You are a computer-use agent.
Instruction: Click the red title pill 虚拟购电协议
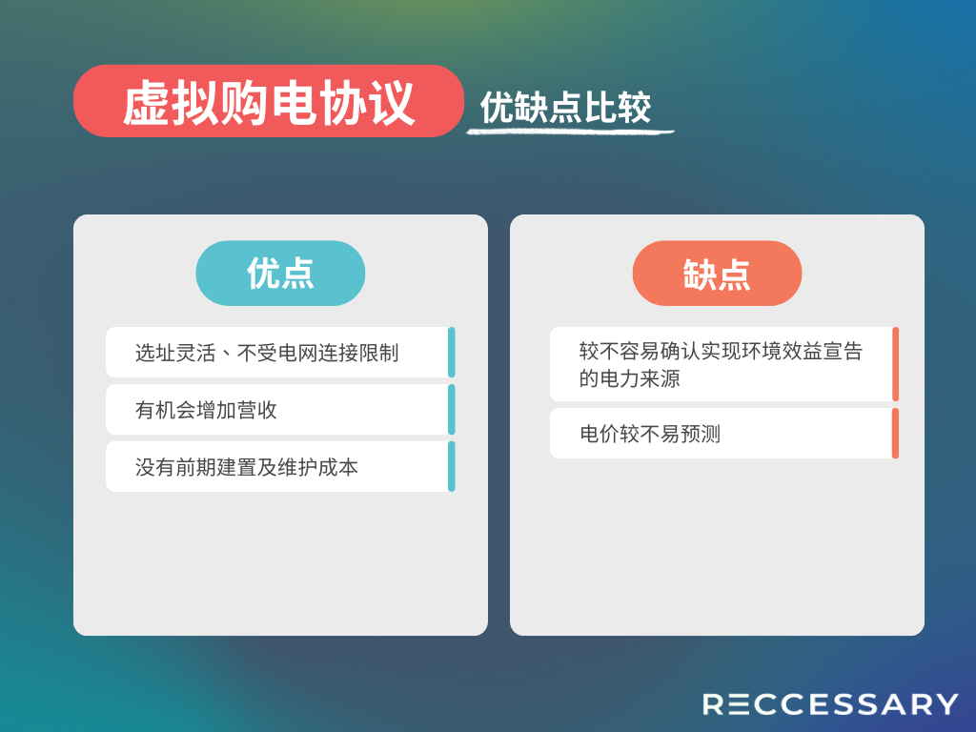pyautogui.click(x=268, y=101)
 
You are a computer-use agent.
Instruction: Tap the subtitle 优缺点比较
pyautogui.click(x=565, y=107)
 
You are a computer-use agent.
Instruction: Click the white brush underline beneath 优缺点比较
pyautogui.click(x=570, y=132)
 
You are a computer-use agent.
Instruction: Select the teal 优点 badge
pyautogui.click(x=280, y=274)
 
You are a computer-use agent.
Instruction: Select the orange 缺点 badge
pyautogui.click(x=717, y=274)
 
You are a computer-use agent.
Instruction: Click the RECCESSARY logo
pyautogui.click(x=830, y=704)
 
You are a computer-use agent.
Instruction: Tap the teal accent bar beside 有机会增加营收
pyautogui.click(x=451, y=410)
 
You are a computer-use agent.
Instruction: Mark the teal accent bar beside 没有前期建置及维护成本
pyautogui.click(x=451, y=467)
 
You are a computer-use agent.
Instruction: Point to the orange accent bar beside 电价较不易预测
pyautogui.click(x=895, y=434)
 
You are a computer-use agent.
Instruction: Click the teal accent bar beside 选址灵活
pyautogui.click(x=451, y=353)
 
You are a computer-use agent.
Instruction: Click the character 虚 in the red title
pyautogui.click(x=146, y=103)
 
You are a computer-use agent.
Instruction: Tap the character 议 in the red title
pyautogui.click(x=391, y=103)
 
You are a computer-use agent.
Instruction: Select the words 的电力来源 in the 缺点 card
pyautogui.click(x=629, y=378)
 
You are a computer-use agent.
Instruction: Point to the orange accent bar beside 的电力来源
pyautogui.click(x=895, y=364)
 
